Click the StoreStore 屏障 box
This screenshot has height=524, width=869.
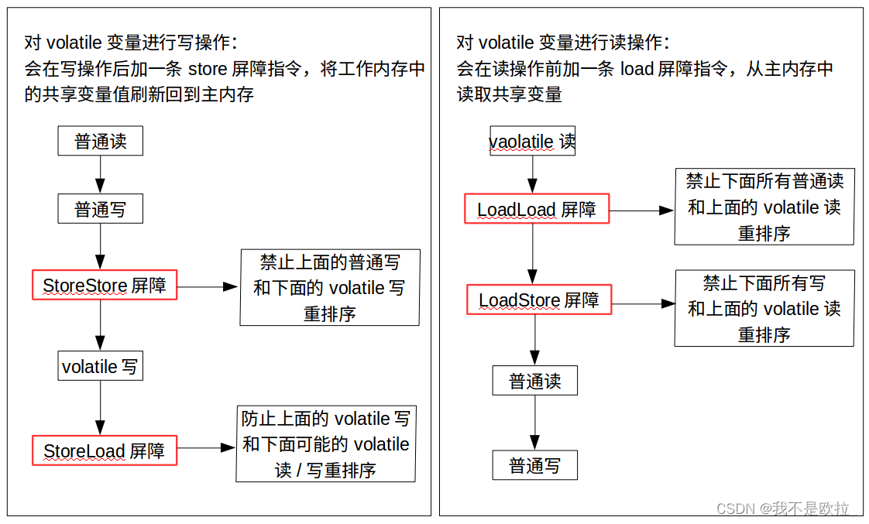coord(104,285)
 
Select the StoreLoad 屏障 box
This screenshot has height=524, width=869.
coord(104,450)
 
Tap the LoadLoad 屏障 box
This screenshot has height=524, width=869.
coord(536,209)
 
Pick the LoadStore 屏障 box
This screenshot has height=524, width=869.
coord(538,300)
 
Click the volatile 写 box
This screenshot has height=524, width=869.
coord(100,365)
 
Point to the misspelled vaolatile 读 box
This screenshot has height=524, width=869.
coord(532,142)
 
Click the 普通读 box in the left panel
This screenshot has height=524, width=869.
coord(100,141)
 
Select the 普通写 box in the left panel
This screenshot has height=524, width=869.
coord(100,209)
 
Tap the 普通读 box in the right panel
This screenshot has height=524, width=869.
coord(534,381)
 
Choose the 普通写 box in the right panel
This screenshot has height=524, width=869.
coord(534,465)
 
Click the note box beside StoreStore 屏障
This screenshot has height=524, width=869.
coord(329,287)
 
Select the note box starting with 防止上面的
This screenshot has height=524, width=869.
coord(325,444)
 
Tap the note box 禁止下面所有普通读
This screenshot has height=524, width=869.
coord(764,207)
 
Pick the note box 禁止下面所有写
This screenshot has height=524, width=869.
coord(764,308)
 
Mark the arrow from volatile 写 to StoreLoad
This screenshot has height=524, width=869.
coord(100,407)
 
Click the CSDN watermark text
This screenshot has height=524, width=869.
coord(782,509)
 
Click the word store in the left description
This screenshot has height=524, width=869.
coord(207,68)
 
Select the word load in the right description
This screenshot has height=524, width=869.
coord(637,68)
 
